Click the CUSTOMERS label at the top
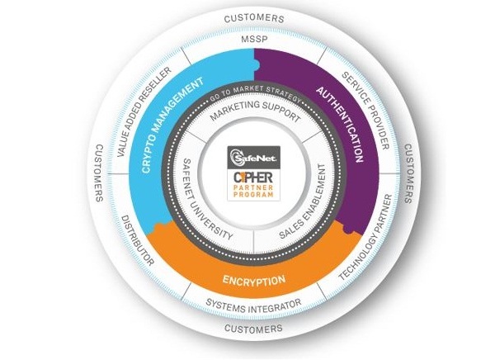(x=254, y=18)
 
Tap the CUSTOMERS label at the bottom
(x=253, y=329)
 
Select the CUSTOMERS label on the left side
(x=100, y=173)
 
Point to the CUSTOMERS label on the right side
(x=408, y=173)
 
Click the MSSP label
(x=254, y=40)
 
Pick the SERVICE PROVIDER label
(x=365, y=111)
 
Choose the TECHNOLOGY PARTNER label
(x=365, y=237)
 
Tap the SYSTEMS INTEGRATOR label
(x=253, y=306)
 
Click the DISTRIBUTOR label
(x=138, y=240)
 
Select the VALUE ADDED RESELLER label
(x=144, y=112)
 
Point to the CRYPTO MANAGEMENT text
(x=172, y=126)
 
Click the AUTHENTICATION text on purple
(x=340, y=125)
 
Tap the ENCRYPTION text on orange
(x=254, y=280)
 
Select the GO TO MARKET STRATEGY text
(x=256, y=93)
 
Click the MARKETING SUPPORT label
(x=255, y=111)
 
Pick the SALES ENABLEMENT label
(x=303, y=201)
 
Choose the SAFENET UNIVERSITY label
(x=207, y=200)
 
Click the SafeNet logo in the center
(x=253, y=157)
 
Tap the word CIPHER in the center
(x=253, y=178)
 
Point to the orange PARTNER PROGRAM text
(x=253, y=191)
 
